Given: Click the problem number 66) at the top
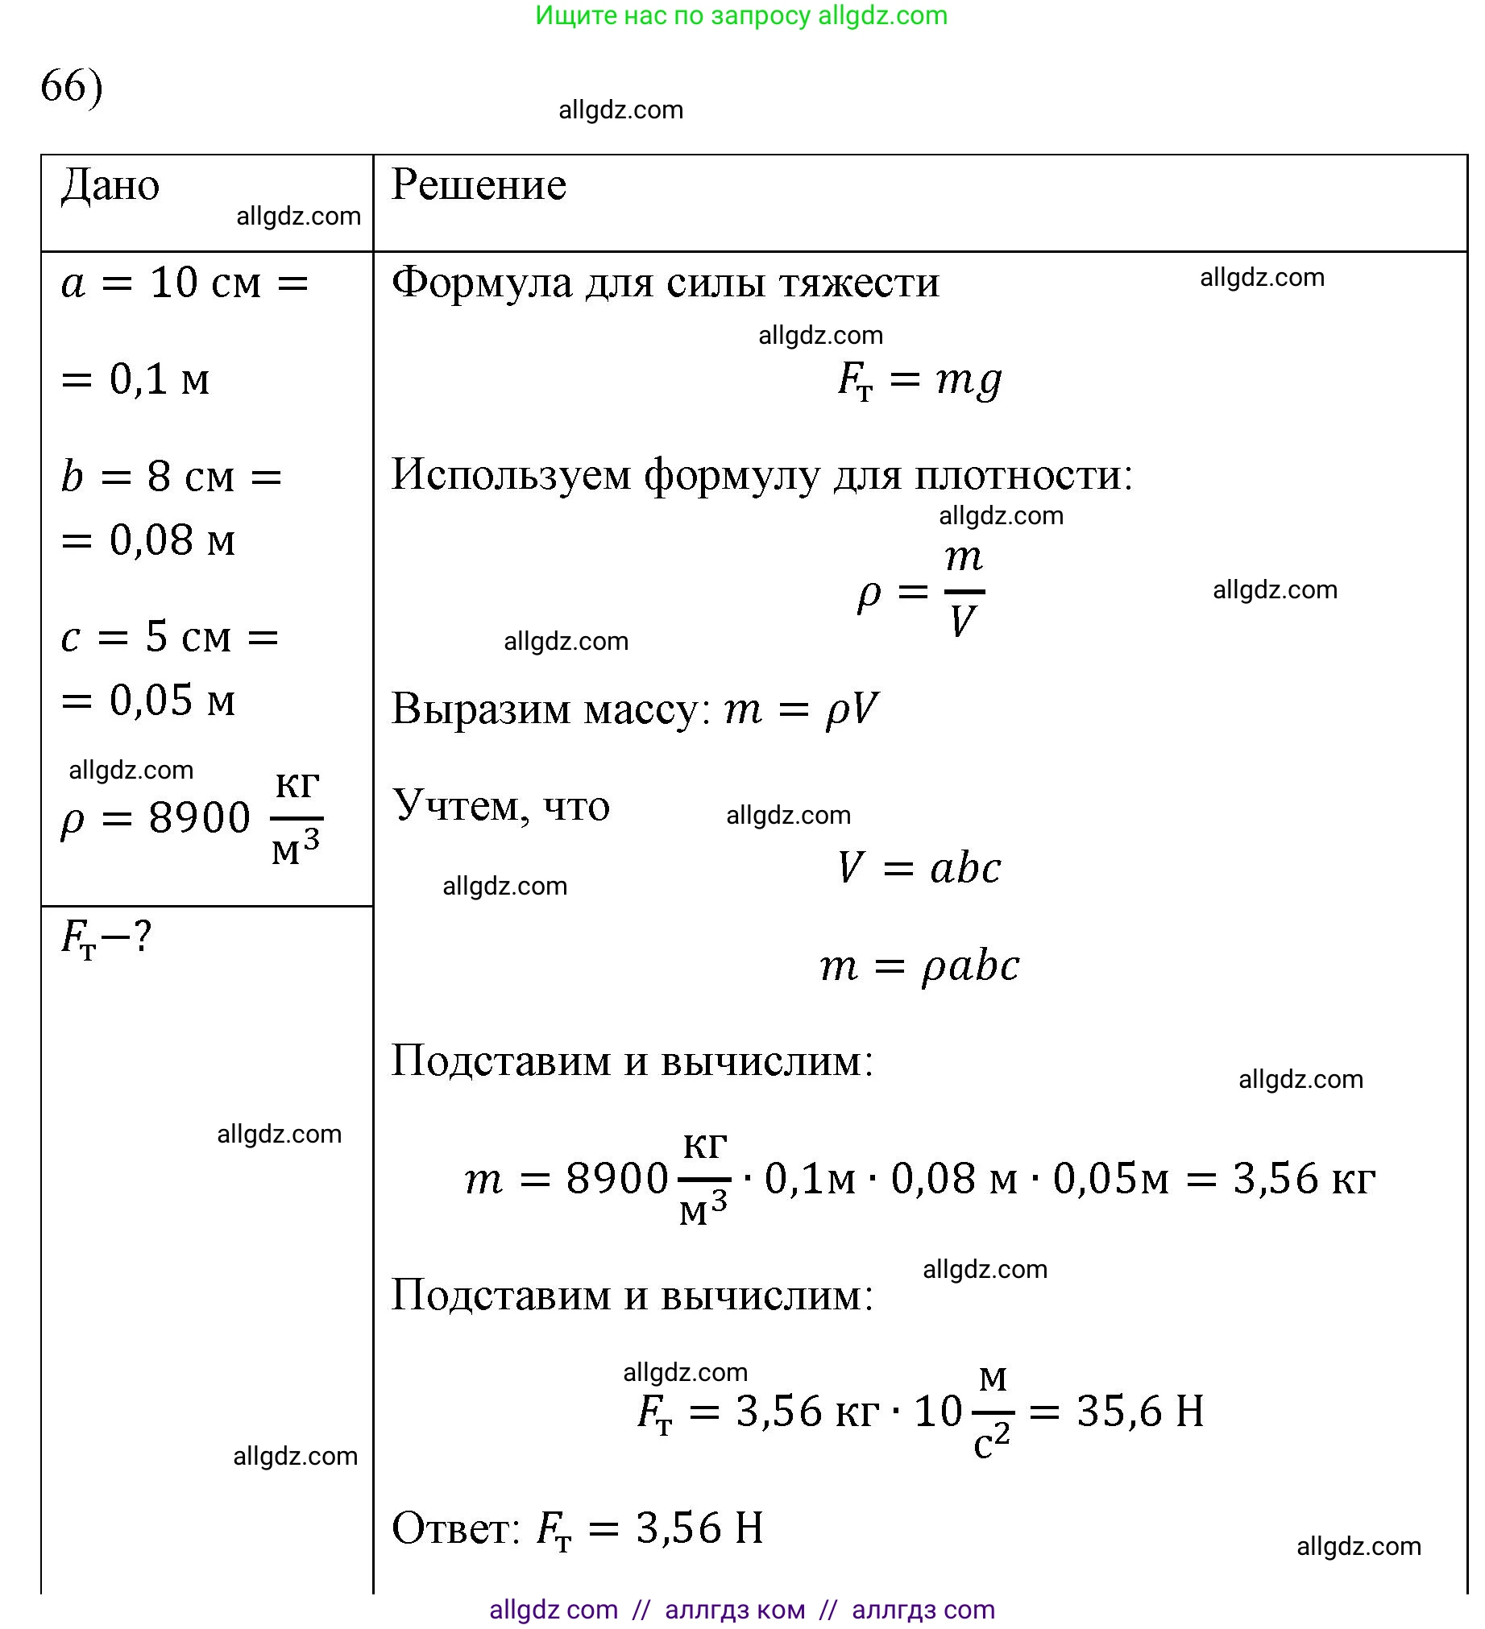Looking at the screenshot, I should pos(71,85).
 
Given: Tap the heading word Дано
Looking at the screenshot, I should pos(110,186).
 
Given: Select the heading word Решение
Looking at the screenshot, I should pos(479,185).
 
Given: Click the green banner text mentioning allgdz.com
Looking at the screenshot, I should pos(740,15).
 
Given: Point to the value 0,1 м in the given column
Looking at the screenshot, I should pos(160,379).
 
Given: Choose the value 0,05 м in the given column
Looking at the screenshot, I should pos(172,700).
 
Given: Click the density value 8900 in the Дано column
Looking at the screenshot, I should pos(199,818).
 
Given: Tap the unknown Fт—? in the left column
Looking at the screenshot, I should pos(106,938).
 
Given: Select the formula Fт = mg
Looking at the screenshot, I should pos(920,380).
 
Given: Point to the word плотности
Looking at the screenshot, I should pos(1023,475).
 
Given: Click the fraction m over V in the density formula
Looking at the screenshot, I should pos(964,591).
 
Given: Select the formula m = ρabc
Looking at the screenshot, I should pos(919,966).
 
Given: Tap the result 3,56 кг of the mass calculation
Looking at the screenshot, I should pos(1303,1179).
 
